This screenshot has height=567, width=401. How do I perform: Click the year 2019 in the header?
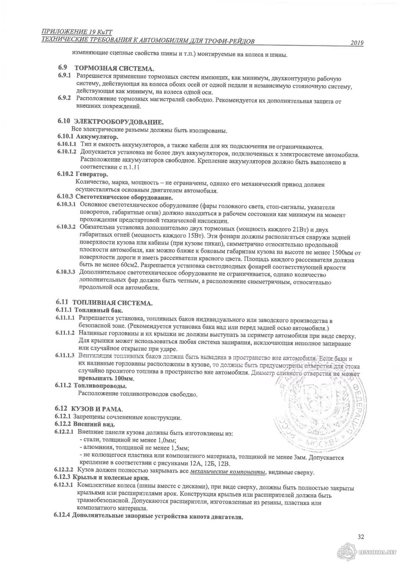pyautogui.click(x=357, y=43)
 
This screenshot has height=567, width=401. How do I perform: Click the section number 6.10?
pyautogui.click(x=64, y=121)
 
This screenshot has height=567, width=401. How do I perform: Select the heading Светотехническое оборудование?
pyautogui.click(x=124, y=197)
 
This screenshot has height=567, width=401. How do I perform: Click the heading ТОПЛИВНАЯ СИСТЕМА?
pyautogui.click(x=113, y=303)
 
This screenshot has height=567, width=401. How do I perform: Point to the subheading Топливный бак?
pyautogui.click(x=95, y=310)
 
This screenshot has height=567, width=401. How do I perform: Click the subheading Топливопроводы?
pyautogui.click(x=100, y=386)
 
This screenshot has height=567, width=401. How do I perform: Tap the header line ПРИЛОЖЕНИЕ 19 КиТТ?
pyautogui.click(x=78, y=32)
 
